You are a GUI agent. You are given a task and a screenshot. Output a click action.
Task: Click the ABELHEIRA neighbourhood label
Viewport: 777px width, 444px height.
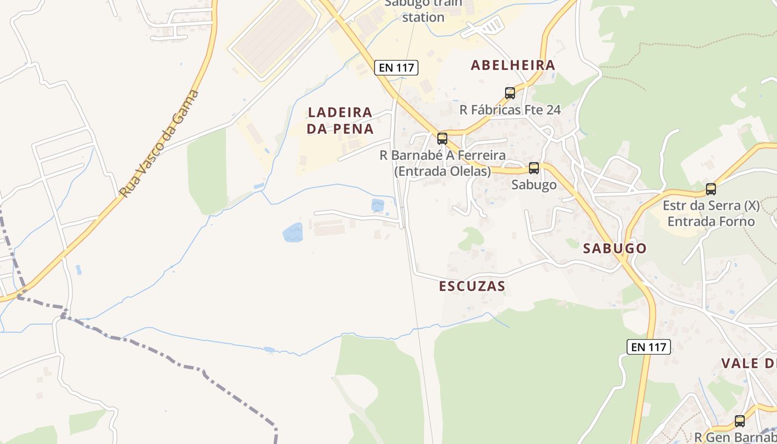click(x=513, y=65)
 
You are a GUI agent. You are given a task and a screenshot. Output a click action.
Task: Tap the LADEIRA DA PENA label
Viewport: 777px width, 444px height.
click(x=340, y=120)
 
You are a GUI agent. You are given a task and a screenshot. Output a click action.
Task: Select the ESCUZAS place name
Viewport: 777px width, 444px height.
click(x=472, y=286)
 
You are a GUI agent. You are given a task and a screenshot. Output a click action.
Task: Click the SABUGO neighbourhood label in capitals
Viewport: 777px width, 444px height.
click(x=615, y=248)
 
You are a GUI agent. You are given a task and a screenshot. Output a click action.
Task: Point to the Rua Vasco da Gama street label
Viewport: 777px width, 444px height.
click(x=159, y=144)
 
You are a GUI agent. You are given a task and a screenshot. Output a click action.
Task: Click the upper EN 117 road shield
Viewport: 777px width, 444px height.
click(x=396, y=68)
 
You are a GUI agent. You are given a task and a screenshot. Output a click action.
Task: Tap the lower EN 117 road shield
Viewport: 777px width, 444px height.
click(x=649, y=347)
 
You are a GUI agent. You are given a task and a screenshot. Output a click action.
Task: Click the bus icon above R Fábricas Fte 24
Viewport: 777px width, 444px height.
click(x=510, y=93)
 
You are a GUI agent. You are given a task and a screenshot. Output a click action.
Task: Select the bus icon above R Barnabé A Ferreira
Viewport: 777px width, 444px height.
click(x=442, y=138)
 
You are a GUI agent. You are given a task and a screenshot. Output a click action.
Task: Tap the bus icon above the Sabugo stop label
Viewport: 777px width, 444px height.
click(x=534, y=168)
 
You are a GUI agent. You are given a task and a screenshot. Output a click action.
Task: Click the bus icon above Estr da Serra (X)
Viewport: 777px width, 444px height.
click(x=711, y=189)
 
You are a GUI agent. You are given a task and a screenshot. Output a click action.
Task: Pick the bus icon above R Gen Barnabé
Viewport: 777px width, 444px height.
click(x=740, y=421)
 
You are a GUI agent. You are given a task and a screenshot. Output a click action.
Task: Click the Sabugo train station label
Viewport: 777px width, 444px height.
click(x=423, y=11)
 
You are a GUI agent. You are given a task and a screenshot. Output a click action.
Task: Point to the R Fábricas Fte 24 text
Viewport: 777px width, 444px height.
click(x=510, y=110)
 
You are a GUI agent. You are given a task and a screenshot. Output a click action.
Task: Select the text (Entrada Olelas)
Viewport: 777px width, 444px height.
click(x=442, y=171)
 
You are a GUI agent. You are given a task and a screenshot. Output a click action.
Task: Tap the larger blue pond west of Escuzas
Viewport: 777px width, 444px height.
click(x=293, y=233)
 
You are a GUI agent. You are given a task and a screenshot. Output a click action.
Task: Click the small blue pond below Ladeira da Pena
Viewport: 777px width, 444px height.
click(x=377, y=205)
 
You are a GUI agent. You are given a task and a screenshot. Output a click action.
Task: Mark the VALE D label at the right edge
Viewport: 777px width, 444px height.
click(x=748, y=364)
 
